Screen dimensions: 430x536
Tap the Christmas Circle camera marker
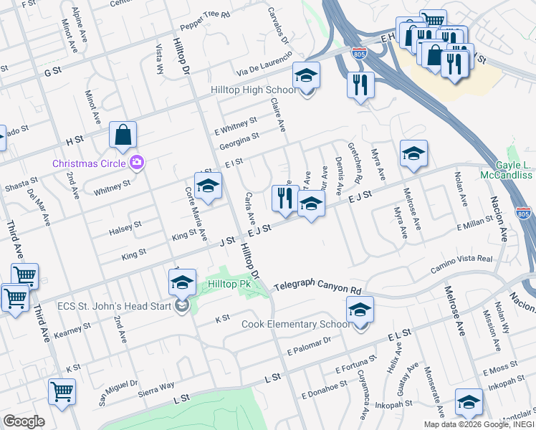click(x=137, y=163)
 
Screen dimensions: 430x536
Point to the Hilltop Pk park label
click(x=229, y=284)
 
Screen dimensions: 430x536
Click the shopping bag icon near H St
click(x=123, y=135)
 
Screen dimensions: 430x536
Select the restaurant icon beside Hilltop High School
click(x=360, y=85)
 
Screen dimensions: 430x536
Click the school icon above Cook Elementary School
click(x=360, y=310)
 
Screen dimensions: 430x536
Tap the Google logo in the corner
click(x=23, y=421)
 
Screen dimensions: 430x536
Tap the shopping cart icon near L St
click(x=62, y=392)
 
